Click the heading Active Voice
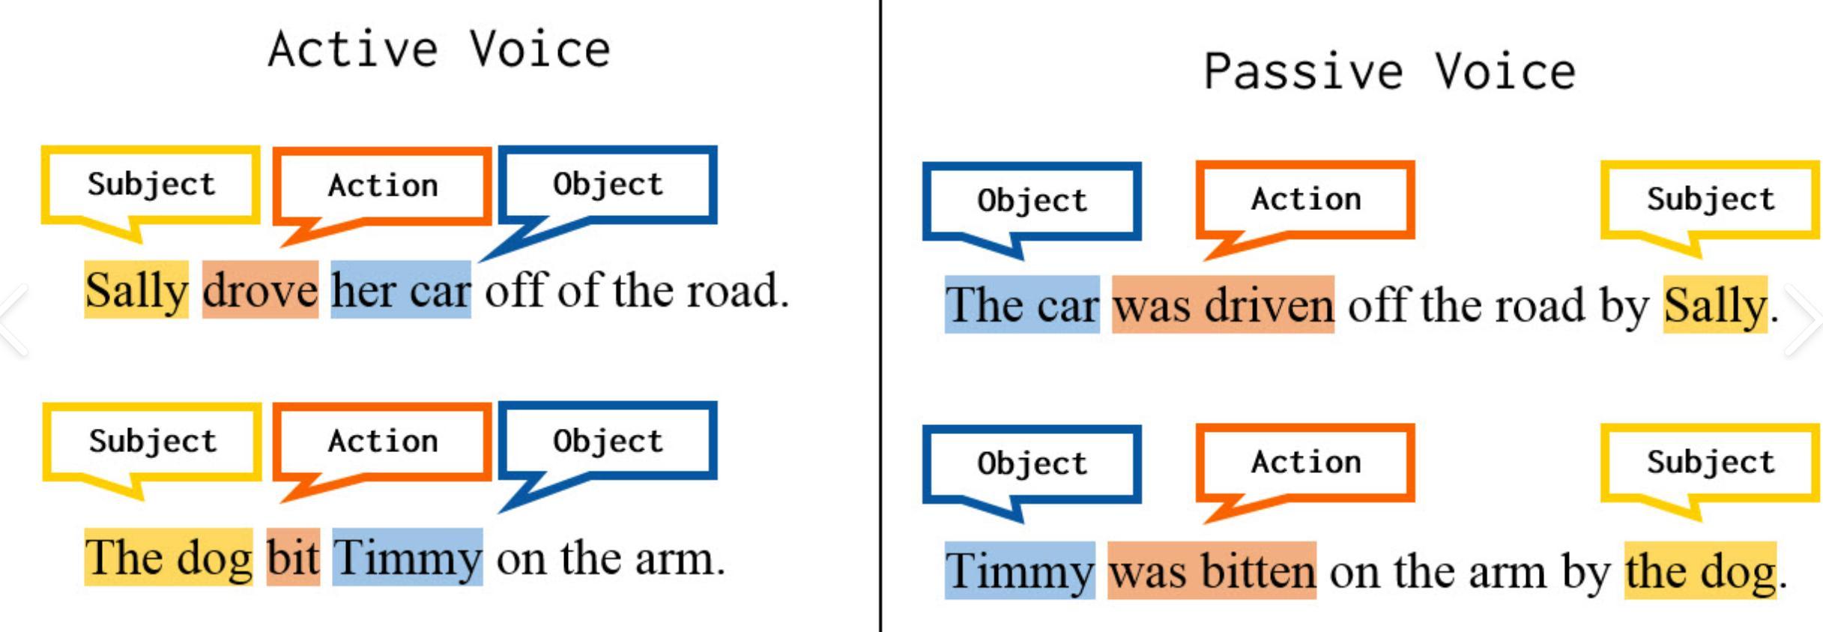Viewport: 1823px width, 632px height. pos(439,49)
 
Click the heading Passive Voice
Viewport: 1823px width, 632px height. pos(1389,72)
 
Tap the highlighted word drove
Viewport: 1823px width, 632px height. pos(260,290)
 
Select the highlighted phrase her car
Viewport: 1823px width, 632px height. pos(401,290)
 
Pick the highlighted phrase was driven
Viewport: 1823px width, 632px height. pos(1223,304)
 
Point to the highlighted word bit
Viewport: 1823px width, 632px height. pos(294,557)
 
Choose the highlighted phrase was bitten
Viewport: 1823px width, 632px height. pos(1212,571)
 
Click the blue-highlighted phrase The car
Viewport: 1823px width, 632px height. pos(1022,304)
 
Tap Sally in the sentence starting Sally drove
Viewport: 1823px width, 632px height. pos(136,290)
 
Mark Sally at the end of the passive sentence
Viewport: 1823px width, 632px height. pos(1715,304)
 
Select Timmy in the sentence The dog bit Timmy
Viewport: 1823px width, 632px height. pos(408,557)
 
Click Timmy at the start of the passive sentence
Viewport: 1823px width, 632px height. pos(1020,571)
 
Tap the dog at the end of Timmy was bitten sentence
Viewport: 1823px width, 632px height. pos(1700,571)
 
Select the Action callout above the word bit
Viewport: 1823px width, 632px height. pos(382,451)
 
